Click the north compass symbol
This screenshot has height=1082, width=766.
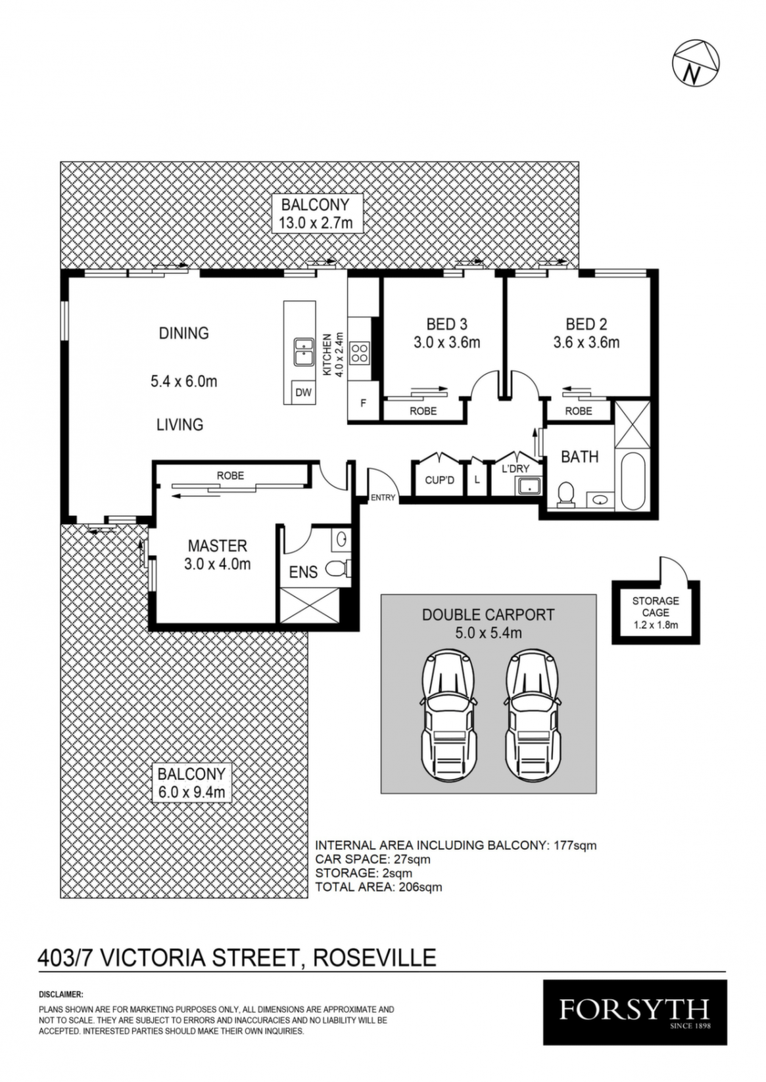point(696,64)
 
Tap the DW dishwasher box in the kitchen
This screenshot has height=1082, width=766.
point(303,392)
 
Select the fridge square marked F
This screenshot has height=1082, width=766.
point(363,402)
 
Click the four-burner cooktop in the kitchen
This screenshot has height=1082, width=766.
point(360,352)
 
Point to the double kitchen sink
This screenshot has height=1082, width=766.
point(303,352)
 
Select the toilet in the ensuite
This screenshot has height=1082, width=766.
point(338,569)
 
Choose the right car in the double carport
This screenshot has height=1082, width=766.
point(532,723)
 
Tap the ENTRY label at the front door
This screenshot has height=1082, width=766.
point(383,498)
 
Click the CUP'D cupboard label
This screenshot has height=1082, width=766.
point(440,480)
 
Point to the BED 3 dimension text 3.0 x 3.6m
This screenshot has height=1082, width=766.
point(446,342)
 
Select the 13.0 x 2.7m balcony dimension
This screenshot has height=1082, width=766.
point(315,223)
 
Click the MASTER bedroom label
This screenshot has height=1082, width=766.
point(217,546)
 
